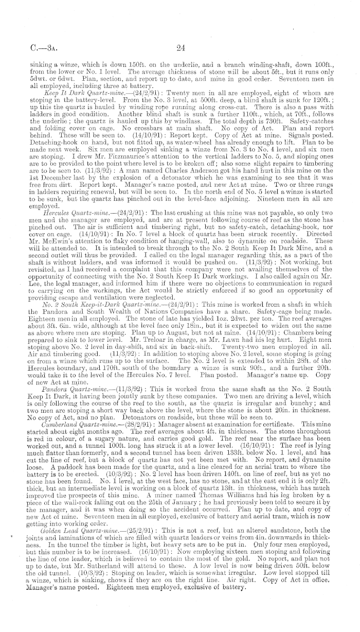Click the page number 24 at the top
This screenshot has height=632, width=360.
[180, 49]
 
